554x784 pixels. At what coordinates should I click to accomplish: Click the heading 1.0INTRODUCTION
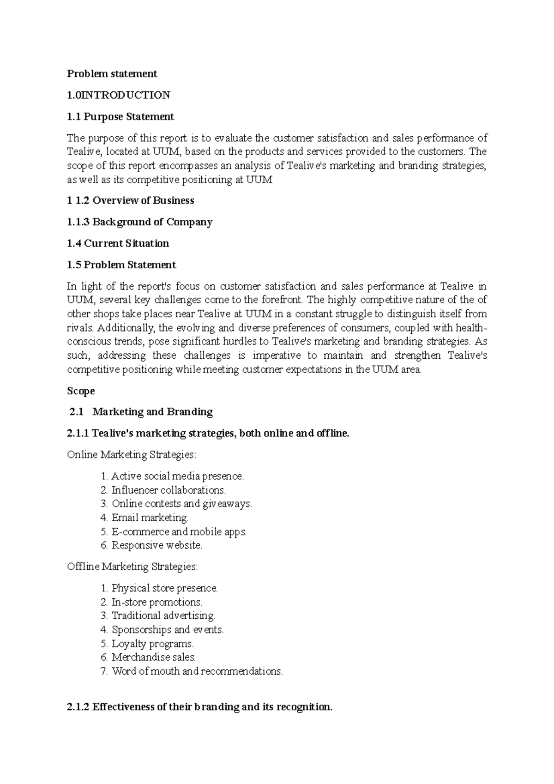click(x=119, y=95)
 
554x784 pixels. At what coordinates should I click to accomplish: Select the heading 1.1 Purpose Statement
click(x=120, y=117)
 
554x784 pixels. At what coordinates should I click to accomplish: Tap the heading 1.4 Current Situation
click(x=118, y=243)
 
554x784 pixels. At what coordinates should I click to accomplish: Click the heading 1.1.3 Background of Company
click(x=139, y=222)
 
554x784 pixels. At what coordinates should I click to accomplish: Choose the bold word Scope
click(x=81, y=391)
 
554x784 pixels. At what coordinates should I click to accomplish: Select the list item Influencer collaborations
click(x=169, y=490)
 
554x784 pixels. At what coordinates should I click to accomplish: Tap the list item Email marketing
click(x=150, y=518)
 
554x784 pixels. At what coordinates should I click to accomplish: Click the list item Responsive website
click(x=157, y=545)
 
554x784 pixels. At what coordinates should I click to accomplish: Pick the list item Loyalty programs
click(x=152, y=644)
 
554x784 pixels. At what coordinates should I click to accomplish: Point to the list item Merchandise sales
click(x=154, y=657)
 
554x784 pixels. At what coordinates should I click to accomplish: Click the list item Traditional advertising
click(x=163, y=616)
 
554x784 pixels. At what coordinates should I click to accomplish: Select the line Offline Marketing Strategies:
click(x=132, y=567)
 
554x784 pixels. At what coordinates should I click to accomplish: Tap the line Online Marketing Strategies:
click(x=132, y=455)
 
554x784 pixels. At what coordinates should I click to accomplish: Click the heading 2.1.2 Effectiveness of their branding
click(x=199, y=707)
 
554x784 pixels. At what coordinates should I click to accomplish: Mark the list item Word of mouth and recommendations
click(x=197, y=671)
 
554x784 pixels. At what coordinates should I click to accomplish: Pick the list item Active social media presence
click(x=177, y=476)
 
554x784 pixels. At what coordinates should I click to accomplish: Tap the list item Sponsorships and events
click(x=168, y=630)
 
